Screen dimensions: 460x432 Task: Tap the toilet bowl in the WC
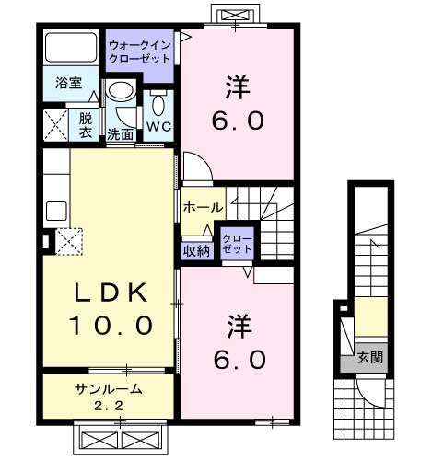[157, 100]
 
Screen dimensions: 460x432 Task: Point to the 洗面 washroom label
[120, 134]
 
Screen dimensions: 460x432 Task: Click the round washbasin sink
[120, 93]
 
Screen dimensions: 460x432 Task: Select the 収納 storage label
[195, 248]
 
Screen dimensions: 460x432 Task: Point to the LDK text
[110, 293]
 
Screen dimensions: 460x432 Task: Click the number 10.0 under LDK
[110, 326]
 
